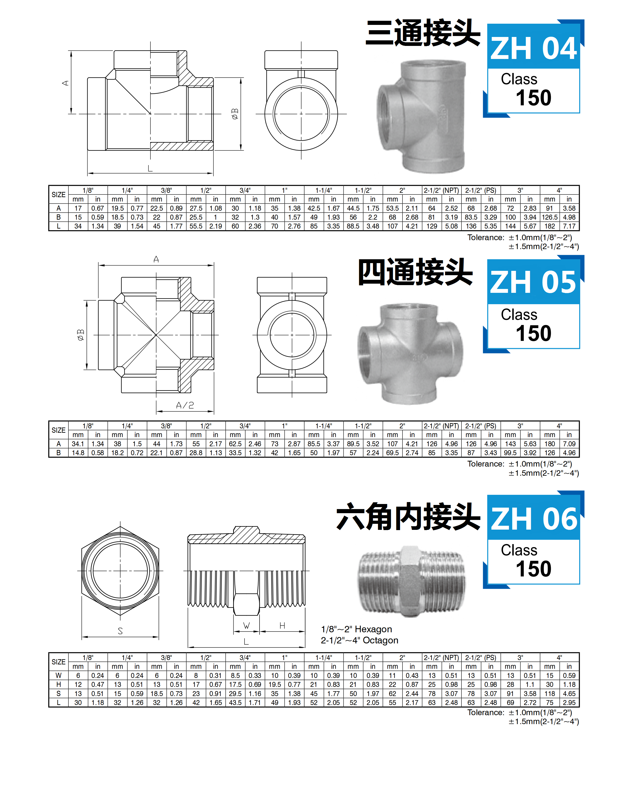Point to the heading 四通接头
(415, 272)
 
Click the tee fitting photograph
(421, 117)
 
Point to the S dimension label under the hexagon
(120, 631)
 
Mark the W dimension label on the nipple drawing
(246, 626)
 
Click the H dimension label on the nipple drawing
(282, 626)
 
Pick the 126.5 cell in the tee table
(549, 217)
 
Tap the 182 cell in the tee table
(549, 226)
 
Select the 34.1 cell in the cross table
(78, 444)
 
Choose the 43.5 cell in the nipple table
(235, 702)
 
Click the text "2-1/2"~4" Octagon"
(359, 640)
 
